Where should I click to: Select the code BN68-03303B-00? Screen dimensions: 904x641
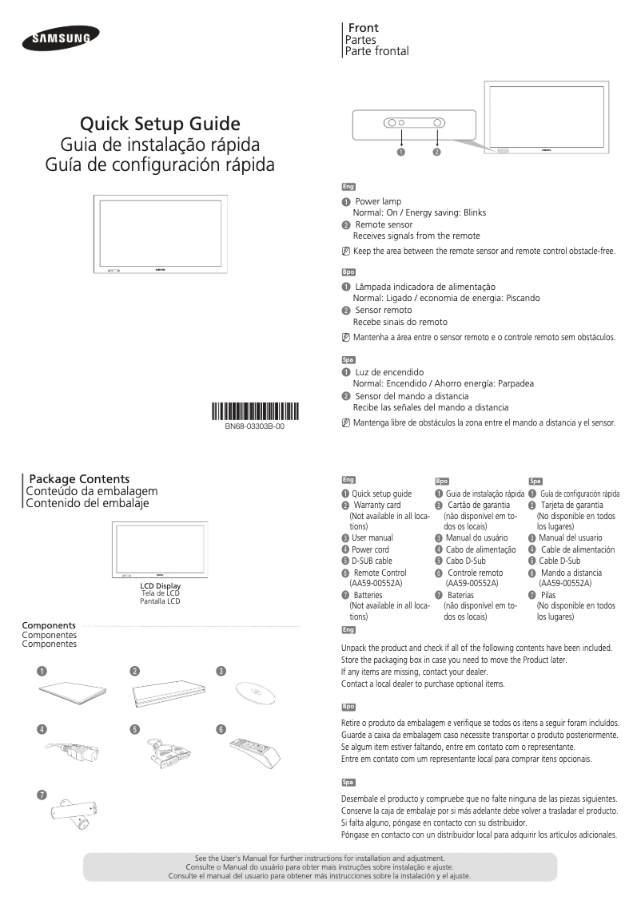click(x=254, y=427)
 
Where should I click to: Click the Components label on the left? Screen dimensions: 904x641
click(x=49, y=624)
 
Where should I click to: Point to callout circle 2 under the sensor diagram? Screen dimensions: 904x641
click(x=437, y=152)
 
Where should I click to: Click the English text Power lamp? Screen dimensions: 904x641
click(x=378, y=201)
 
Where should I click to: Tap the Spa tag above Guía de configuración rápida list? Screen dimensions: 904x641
click(x=535, y=481)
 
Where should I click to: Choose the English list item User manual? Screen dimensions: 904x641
click(x=372, y=538)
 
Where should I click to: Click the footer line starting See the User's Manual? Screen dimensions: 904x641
click(x=320, y=858)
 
